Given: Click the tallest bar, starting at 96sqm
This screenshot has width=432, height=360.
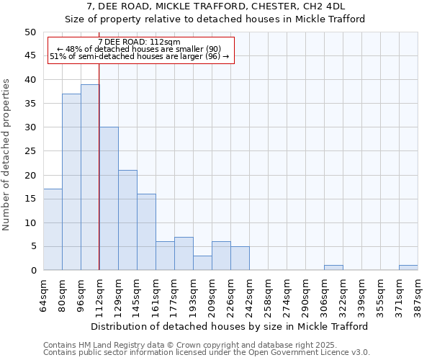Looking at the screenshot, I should [x=90, y=177].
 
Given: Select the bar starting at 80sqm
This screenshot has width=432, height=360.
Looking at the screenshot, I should [x=71, y=182].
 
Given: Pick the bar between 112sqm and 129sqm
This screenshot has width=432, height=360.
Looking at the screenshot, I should [x=109, y=199].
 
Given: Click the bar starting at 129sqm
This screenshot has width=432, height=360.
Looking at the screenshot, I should [x=127, y=220].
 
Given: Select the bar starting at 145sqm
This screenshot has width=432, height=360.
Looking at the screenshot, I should [x=146, y=232].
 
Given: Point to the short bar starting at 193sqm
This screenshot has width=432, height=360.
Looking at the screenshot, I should [x=202, y=263].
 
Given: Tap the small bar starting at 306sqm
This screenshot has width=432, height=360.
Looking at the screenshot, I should [x=333, y=268].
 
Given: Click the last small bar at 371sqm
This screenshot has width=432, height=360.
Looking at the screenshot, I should [x=408, y=268].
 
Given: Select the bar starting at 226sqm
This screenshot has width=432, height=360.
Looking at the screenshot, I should [x=240, y=258].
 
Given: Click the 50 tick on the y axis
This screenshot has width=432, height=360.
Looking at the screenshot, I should [x=30, y=32].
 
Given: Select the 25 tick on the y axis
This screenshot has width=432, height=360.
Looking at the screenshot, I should [x=30, y=151].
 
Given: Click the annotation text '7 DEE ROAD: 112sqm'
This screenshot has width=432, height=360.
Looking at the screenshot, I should [x=140, y=42].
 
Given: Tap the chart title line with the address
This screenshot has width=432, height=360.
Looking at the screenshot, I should [x=216, y=6].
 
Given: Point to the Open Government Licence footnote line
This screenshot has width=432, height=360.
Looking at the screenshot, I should [x=207, y=353].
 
